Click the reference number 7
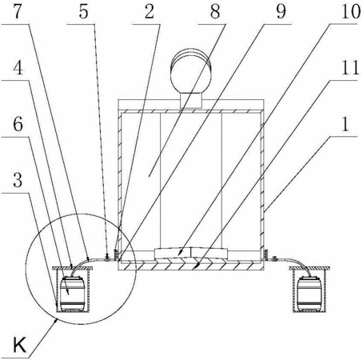[17, 12]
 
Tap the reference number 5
[83, 12]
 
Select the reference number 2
[150, 12]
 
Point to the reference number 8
[215, 12]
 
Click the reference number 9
[281, 12]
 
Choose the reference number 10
[351, 12]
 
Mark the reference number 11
[350, 68]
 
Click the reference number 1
[345, 124]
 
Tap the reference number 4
[18, 68]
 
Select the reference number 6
[18, 124]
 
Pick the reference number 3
[18, 180]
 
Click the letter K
[19, 345]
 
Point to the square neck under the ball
[190, 100]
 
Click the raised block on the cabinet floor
[191, 254]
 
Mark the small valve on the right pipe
[274, 258]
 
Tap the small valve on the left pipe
[107, 258]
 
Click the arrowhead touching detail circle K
[56, 321]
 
